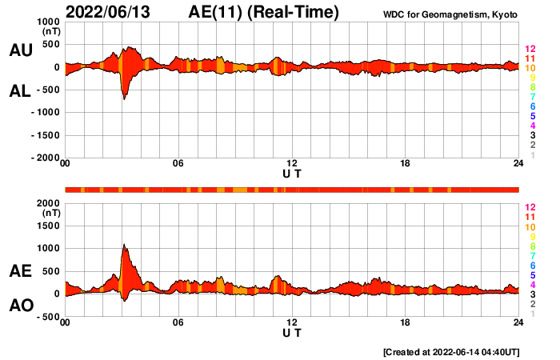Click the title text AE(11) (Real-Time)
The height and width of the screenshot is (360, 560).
click(264, 12)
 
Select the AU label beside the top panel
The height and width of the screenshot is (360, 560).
click(20, 50)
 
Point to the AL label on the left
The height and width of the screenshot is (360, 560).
click(20, 91)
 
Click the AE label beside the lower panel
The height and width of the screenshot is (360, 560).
click(20, 272)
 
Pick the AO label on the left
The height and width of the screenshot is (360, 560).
click(20, 306)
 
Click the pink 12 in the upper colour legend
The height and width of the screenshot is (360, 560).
click(530, 50)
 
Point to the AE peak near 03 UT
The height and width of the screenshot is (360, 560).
click(124, 245)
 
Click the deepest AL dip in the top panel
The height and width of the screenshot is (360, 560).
click(124, 98)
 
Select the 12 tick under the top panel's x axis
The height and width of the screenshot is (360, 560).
click(292, 164)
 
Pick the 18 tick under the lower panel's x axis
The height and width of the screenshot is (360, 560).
click(406, 322)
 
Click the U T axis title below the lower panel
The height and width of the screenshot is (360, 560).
click(292, 333)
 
